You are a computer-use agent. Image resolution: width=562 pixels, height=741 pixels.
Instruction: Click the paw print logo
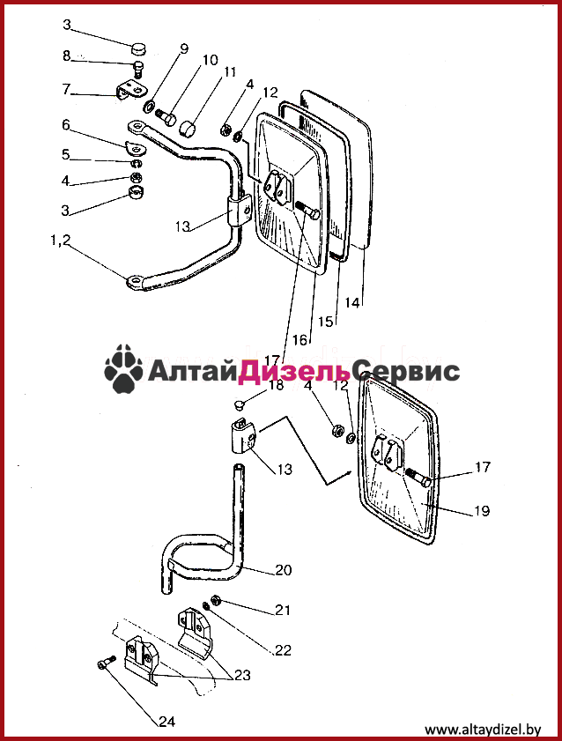point(123,368)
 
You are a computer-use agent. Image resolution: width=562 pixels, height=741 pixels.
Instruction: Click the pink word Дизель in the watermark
point(295,371)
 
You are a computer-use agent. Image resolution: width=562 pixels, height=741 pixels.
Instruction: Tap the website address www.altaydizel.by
point(483,730)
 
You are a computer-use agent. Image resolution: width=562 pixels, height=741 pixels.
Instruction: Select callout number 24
point(166,721)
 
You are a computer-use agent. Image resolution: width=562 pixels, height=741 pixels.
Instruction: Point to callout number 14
point(351,302)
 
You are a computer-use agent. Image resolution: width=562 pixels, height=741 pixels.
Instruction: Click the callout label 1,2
point(60,241)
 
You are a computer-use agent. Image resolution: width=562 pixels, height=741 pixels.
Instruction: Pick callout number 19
point(482,510)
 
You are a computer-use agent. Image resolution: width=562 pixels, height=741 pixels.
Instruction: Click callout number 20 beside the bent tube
point(284,570)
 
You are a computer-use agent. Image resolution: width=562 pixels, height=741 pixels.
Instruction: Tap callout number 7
point(66,89)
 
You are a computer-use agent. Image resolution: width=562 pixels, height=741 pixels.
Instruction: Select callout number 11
point(230,72)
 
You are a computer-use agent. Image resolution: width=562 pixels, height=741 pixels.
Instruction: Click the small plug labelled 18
point(240,405)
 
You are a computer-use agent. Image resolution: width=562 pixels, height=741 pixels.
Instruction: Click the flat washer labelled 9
point(148,107)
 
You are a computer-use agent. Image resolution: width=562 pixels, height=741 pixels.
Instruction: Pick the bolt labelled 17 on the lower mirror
point(418,478)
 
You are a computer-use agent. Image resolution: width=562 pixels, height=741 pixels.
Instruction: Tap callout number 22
point(283,650)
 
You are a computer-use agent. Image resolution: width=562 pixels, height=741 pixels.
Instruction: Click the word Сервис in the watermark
point(406,371)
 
